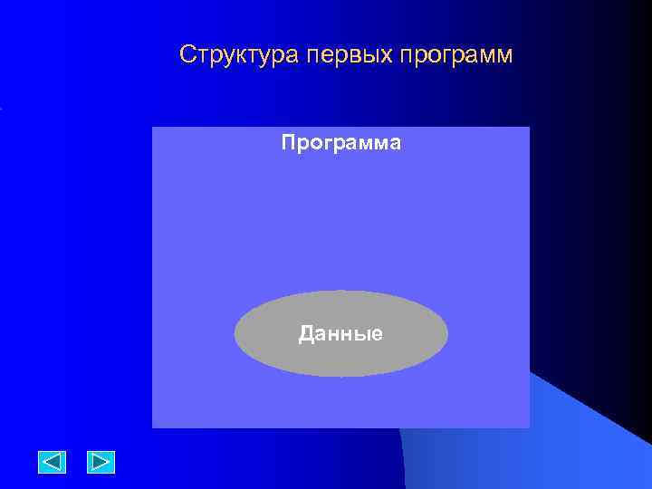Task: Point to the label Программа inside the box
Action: [341, 143]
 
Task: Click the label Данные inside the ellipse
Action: [341, 334]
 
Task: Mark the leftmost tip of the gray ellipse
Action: [235, 333]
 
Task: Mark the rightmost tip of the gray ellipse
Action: [448, 333]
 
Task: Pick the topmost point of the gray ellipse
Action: [341, 291]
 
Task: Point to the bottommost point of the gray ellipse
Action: [341, 377]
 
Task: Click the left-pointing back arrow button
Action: [53, 462]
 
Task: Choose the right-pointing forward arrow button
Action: [101, 462]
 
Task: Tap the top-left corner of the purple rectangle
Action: [152, 127]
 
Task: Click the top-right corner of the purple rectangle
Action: [530, 127]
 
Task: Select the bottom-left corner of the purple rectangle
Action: [152, 427]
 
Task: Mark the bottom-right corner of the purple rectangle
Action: [530, 427]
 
